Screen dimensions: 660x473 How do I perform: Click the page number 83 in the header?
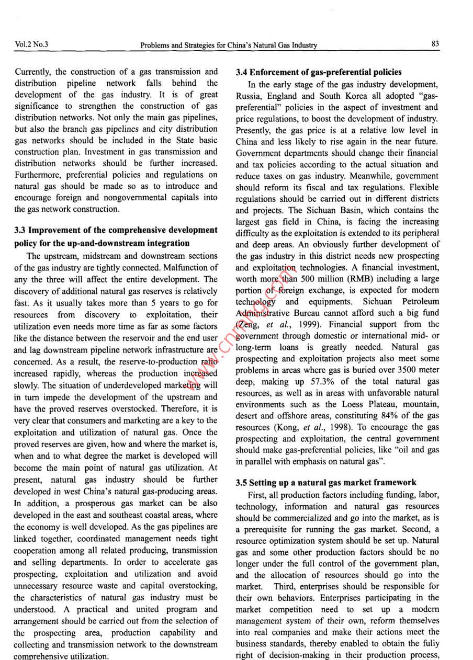435,44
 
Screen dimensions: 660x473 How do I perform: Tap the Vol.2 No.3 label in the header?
31,44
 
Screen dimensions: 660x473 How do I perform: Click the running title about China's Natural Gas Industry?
229,45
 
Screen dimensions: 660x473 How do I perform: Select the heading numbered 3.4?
319,72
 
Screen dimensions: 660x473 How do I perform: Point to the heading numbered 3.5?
326,483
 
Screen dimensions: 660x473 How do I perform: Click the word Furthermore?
37,175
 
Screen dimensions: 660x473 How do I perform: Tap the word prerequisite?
267,529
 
